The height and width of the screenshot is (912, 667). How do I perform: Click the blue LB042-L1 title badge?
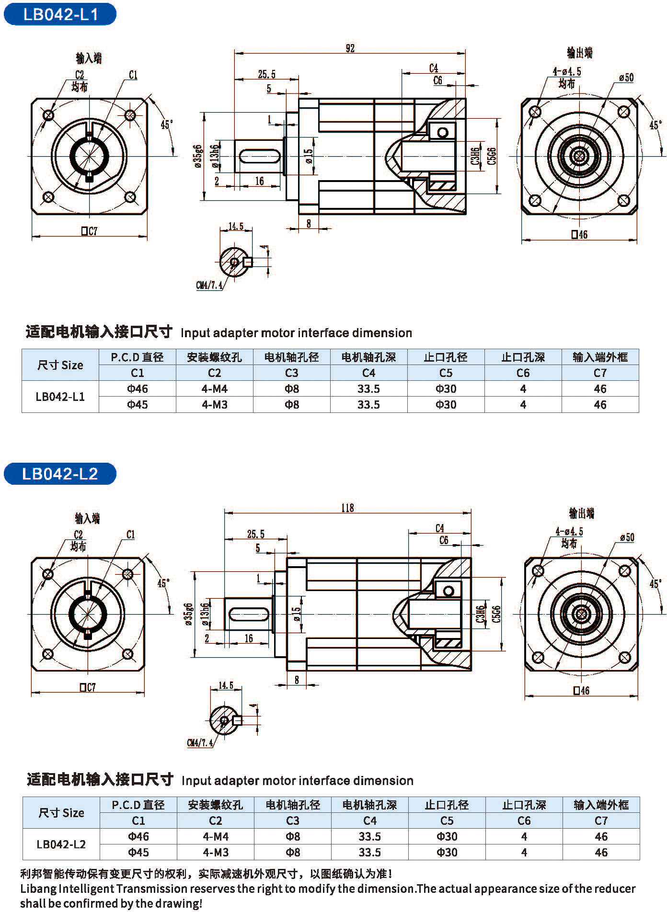click(60, 14)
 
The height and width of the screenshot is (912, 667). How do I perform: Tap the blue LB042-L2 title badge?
click(60, 474)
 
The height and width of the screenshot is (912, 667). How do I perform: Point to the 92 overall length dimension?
click(350, 48)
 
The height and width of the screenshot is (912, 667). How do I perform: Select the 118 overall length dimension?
click(348, 508)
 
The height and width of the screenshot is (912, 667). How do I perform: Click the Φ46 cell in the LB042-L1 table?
click(138, 388)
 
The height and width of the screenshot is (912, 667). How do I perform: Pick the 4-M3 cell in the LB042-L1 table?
click(215, 404)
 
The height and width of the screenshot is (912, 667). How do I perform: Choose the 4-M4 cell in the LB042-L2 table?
click(216, 836)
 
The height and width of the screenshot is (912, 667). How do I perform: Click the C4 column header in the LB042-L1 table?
click(368, 373)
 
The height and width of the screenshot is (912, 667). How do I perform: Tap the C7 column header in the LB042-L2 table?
click(601, 821)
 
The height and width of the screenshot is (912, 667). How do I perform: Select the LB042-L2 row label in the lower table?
click(61, 844)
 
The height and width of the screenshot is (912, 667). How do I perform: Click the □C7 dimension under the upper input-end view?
click(90, 231)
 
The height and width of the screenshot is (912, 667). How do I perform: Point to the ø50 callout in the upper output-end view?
click(626, 77)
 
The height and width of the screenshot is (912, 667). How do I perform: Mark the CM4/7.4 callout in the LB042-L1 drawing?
click(209, 285)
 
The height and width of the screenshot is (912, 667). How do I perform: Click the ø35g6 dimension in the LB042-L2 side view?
click(189, 615)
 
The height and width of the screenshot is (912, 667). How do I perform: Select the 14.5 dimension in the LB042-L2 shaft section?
click(226, 685)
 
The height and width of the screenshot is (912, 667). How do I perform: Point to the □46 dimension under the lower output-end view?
click(581, 691)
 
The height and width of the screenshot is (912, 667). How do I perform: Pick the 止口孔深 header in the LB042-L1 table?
click(523, 357)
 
